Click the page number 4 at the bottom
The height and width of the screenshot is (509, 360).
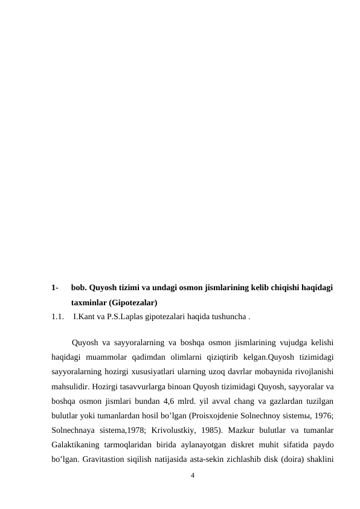tap(192, 475)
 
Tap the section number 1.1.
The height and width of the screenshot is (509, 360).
tap(58, 316)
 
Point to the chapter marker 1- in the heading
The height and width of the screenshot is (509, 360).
tap(56, 288)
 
